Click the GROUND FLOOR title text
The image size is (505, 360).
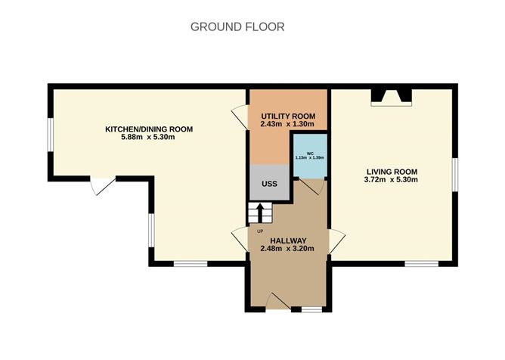[x=237, y=26]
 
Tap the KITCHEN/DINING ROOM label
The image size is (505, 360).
[x=148, y=129]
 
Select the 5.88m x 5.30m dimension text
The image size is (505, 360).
[x=148, y=138]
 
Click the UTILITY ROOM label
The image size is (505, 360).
[x=288, y=115]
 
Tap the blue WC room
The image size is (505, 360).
[x=309, y=157]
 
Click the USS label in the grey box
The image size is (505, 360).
[x=269, y=184]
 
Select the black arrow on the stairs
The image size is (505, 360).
[x=260, y=211]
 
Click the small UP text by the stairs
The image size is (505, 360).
[x=261, y=231]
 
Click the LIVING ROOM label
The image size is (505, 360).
[x=391, y=171]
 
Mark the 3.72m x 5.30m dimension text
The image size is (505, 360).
[x=391, y=180]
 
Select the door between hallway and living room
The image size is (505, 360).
[x=336, y=241]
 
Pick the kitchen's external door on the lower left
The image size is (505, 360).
[x=102, y=185]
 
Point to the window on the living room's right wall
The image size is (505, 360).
[x=455, y=173]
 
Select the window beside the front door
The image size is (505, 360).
[x=311, y=309]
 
